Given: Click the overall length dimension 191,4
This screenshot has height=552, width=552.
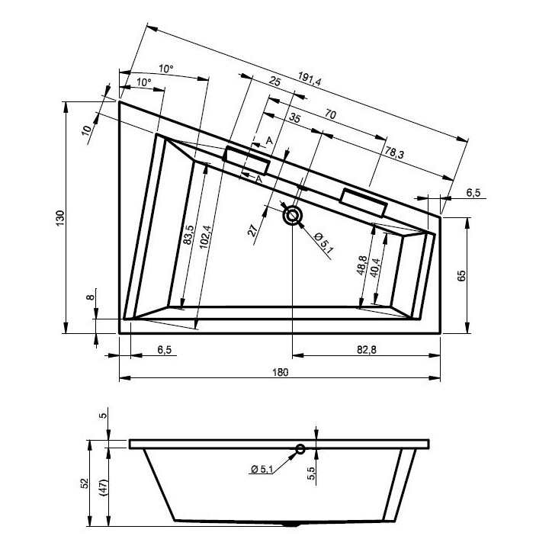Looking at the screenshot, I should pos(308,79).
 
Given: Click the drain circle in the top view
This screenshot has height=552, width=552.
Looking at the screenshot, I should pos(292,216).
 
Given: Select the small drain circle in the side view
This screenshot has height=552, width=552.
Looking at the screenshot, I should pos(300,449).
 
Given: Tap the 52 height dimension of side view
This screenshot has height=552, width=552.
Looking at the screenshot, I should pos(85,483).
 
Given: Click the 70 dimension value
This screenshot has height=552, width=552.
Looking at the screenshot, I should pos(330,114).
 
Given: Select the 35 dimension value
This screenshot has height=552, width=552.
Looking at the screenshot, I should pos(294,119).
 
